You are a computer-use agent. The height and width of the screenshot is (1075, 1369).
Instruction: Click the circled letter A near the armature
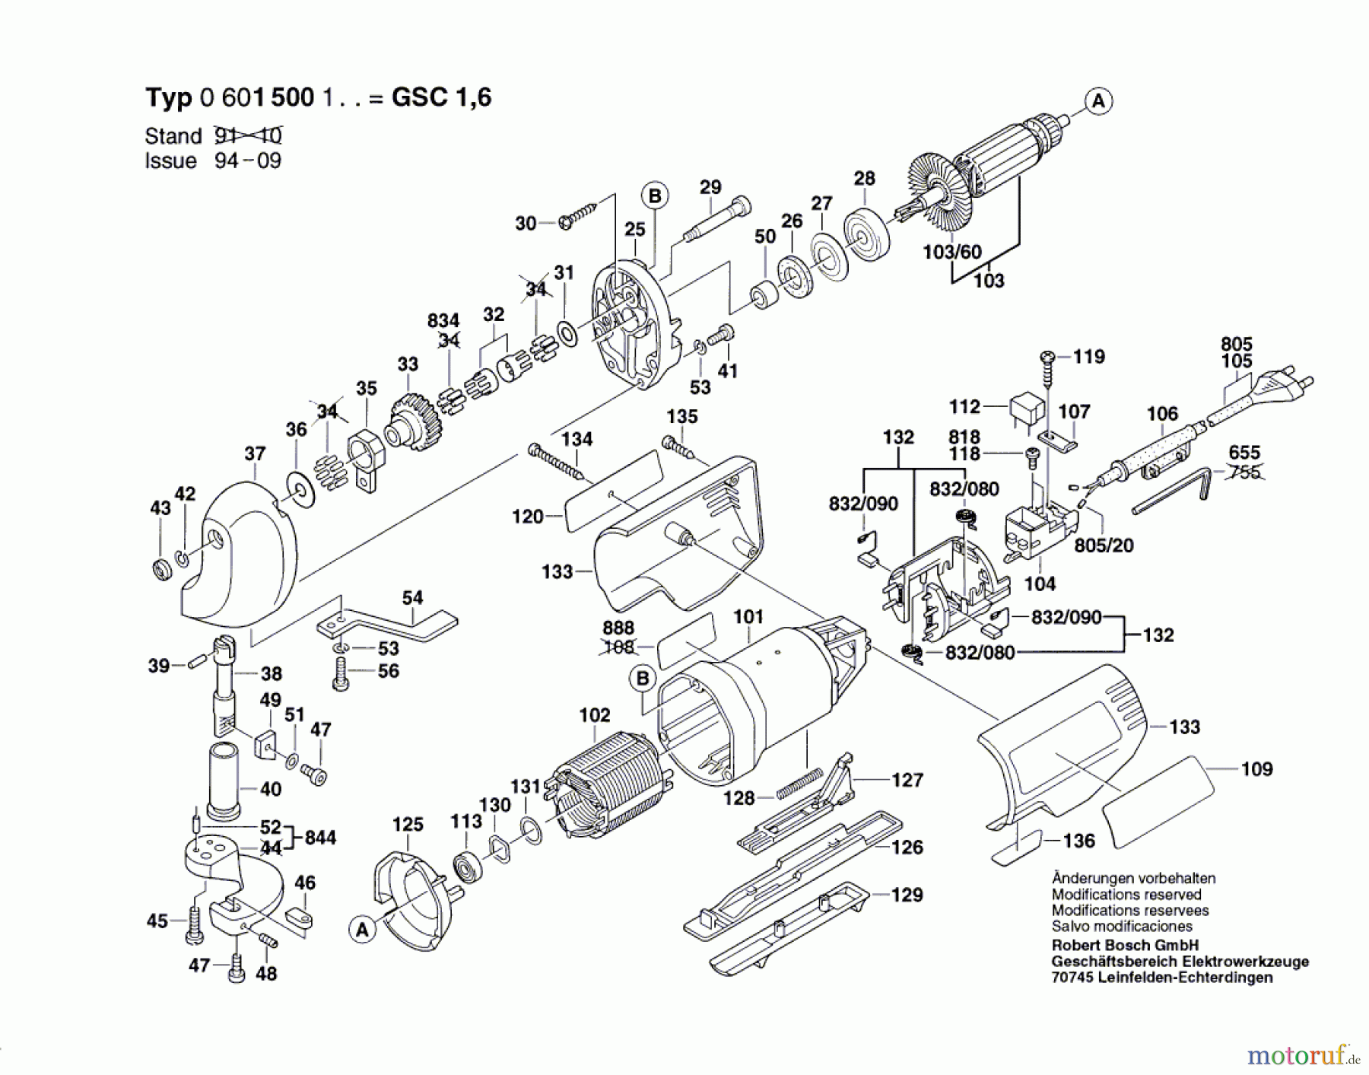pos(1097,100)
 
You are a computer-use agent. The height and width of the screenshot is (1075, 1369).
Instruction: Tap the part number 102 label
pos(594,715)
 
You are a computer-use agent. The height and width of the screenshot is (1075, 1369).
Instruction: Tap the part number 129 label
pos(907,895)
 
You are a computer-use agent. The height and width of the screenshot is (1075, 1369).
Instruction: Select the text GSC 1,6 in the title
pos(441,97)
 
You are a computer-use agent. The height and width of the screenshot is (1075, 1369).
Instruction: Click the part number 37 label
pos(255,454)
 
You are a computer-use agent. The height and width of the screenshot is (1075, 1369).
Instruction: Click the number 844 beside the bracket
pos(320,838)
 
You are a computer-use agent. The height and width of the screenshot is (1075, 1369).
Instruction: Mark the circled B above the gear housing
pos(654,196)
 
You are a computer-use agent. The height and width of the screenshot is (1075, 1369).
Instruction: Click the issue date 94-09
pos(248,161)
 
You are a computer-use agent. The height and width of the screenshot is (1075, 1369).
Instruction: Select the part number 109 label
pos(1256,769)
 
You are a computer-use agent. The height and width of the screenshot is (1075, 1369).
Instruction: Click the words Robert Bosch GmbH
pos(1114,946)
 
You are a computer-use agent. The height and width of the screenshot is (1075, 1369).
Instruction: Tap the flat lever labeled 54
pos(387,622)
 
